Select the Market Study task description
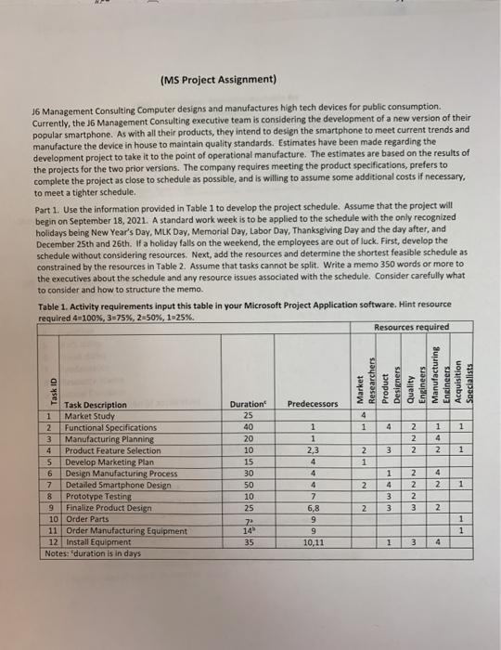90,416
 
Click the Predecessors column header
307,405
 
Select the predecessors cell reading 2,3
306,450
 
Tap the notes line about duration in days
92,550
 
